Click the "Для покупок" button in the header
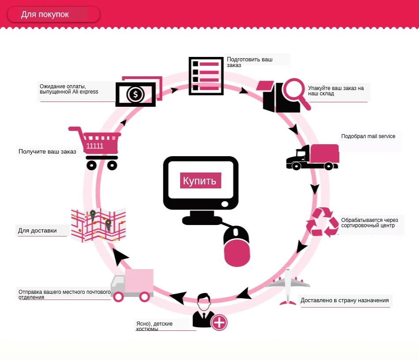click(53, 15)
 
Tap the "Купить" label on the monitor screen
click(200, 181)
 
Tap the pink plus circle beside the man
click(219, 322)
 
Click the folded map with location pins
click(98, 225)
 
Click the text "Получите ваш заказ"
click(47, 152)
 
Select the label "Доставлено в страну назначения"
click(344, 300)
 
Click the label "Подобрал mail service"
click(368, 136)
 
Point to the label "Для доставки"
click(37, 230)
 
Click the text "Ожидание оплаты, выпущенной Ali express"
click(69, 89)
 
